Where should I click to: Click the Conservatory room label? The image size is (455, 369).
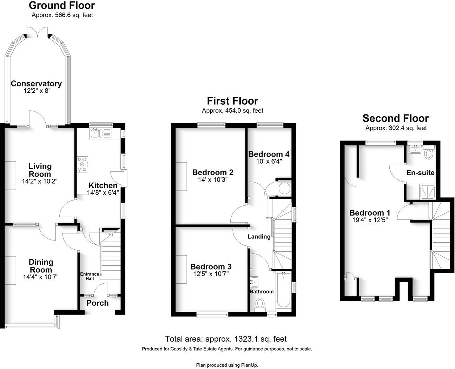tap(36, 84)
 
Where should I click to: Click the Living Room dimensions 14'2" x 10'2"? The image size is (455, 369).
tap(39, 182)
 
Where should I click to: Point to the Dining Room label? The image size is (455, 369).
tap(41, 266)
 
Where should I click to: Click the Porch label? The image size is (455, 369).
tap(98, 303)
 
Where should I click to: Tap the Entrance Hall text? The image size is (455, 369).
tap(87, 276)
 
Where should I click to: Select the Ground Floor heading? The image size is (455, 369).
tap(62, 6)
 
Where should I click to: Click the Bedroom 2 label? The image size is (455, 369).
tap(213, 172)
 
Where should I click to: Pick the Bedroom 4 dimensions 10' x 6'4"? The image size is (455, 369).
tap(268, 162)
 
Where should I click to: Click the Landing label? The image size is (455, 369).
tap(259, 237)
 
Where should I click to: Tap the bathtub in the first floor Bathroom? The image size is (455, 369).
tap(283, 290)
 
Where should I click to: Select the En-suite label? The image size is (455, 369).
tap(420, 173)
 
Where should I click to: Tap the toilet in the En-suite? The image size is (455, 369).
tap(429, 153)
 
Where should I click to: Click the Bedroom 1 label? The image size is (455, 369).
tap(370, 213)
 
